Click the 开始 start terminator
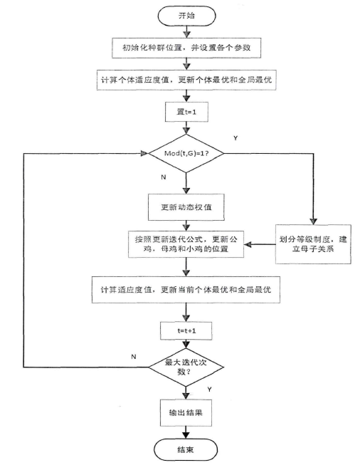tap(187, 14)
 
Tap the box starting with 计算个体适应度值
tap(186, 80)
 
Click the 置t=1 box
tap(187, 113)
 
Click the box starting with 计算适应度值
tap(187, 288)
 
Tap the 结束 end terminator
tap(187, 449)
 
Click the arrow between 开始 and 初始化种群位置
tap(187, 30)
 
